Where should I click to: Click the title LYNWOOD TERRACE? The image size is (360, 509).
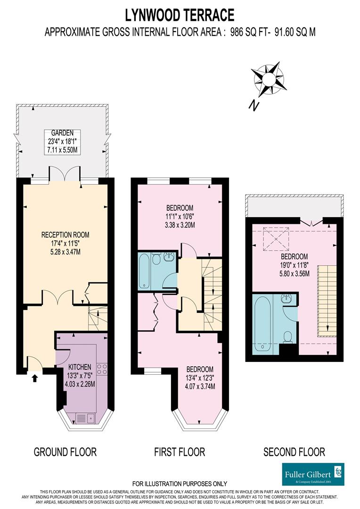tap(180, 15)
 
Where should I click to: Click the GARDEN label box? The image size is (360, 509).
tap(63, 141)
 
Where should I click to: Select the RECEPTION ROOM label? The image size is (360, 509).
tap(65, 234)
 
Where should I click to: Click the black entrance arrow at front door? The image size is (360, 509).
tap(34, 378)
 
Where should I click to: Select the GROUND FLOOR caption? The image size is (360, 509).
tap(65, 452)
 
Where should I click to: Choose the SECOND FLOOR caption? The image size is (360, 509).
tap(294, 452)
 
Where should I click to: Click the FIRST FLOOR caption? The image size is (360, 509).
tap(180, 452)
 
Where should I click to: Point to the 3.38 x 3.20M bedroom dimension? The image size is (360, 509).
tap(180, 225)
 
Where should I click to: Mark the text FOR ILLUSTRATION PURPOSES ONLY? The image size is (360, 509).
tap(180, 484)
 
